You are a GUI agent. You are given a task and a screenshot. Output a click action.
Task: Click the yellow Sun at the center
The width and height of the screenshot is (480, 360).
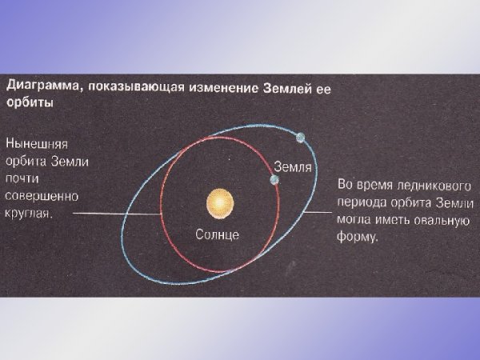pos(219,205)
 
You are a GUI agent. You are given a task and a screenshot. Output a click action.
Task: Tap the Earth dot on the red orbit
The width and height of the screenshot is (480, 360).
pos(274,181)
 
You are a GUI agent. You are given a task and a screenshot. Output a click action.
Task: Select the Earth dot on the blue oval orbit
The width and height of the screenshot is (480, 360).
pos(301,137)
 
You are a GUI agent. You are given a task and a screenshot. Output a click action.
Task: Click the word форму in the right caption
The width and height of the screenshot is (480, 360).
pos(356,237)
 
